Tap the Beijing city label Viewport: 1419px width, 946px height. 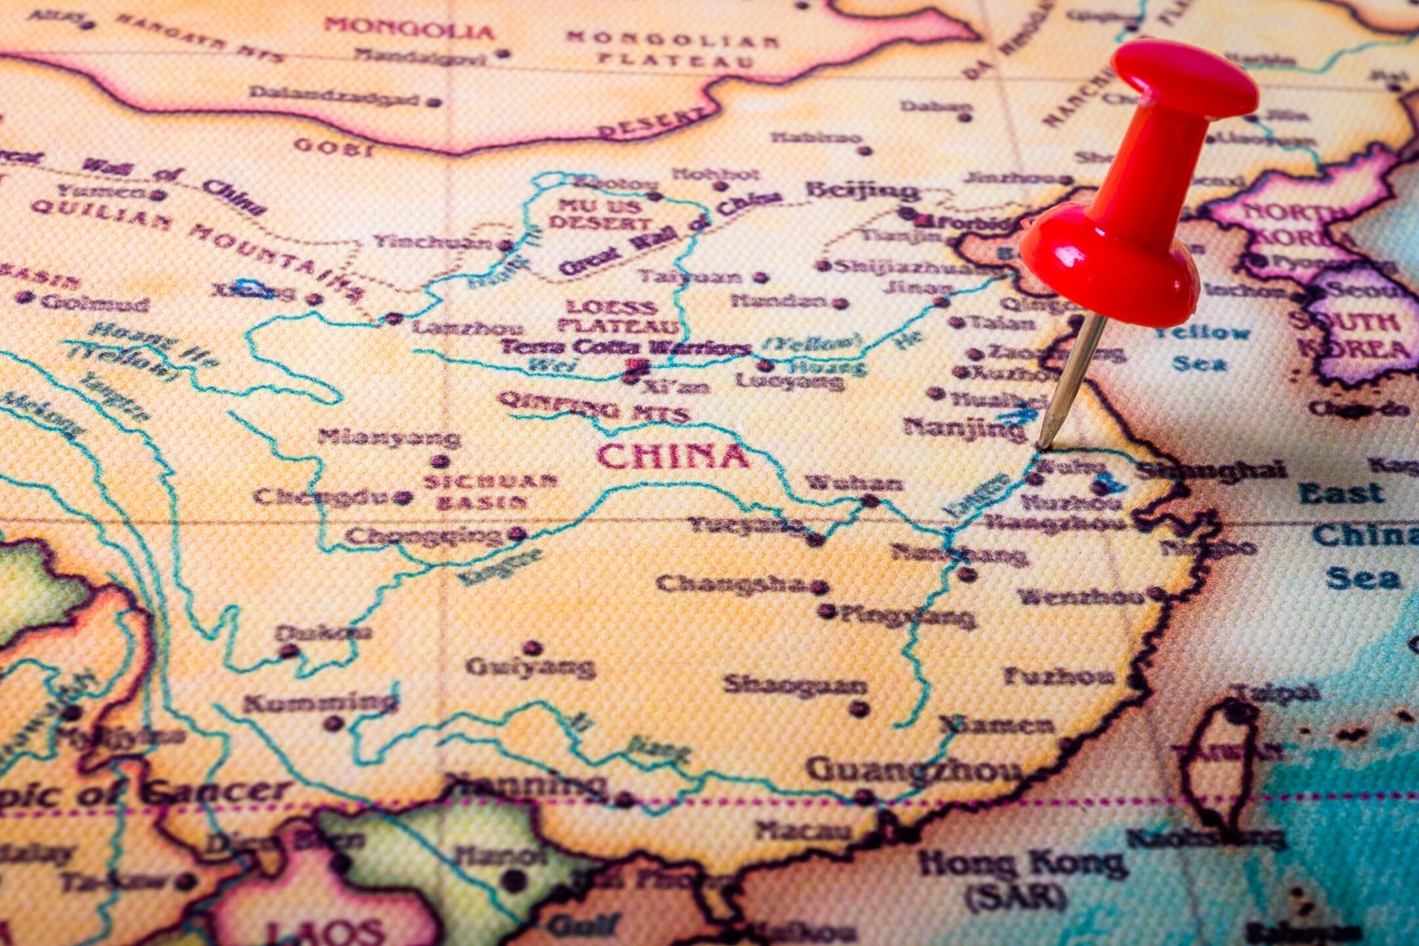(x=862, y=191)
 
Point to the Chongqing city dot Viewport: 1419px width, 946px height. (x=519, y=533)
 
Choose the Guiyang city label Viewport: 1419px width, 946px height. (x=529, y=667)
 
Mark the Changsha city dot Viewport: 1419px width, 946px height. (x=819, y=586)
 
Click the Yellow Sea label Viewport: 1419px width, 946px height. (x=1202, y=347)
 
